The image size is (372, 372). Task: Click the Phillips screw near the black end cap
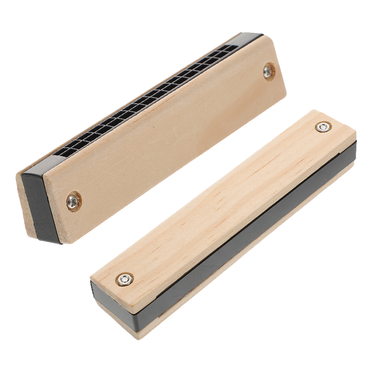pos(74,201)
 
